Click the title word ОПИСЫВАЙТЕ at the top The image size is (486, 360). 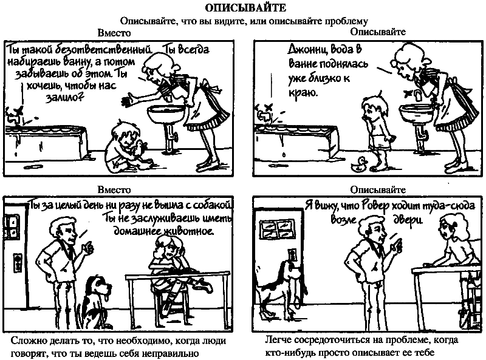(245, 7)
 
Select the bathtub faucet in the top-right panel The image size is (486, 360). (264, 114)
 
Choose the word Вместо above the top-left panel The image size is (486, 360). (114, 33)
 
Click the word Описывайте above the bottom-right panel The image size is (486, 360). (378, 189)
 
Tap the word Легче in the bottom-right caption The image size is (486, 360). (278, 340)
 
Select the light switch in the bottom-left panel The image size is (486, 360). (18, 262)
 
